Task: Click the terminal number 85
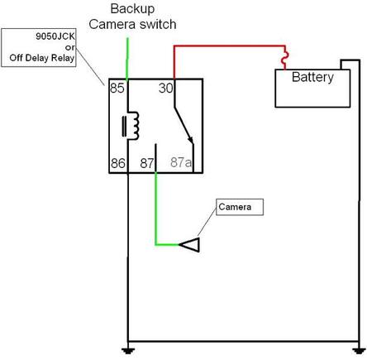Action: pyautogui.click(x=117, y=88)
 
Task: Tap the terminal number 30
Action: pyautogui.click(x=166, y=88)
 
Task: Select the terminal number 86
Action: pyautogui.click(x=118, y=163)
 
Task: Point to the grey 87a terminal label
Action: pyautogui.click(x=181, y=162)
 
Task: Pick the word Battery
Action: pyautogui.click(x=312, y=77)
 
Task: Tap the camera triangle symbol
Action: pyautogui.click(x=189, y=244)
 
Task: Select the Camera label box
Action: pyautogui.click(x=240, y=207)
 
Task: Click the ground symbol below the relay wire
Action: pyautogui.click(x=128, y=350)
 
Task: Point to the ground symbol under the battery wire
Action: pyautogui.click(x=359, y=350)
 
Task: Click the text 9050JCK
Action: pyautogui.click(x=55, y=36)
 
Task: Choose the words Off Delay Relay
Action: pyautogui.click(x=42, y=58)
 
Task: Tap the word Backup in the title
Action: pyautogui.click(x=132, y=8)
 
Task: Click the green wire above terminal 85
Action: pyautogui.click(x=127, y=59)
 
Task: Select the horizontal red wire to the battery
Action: pyautogui.click(x=230, y=46)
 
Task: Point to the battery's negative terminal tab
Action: pyautogui.click(x=346, y=65)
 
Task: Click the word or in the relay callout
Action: pyautogui.click(x=70, y=47)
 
